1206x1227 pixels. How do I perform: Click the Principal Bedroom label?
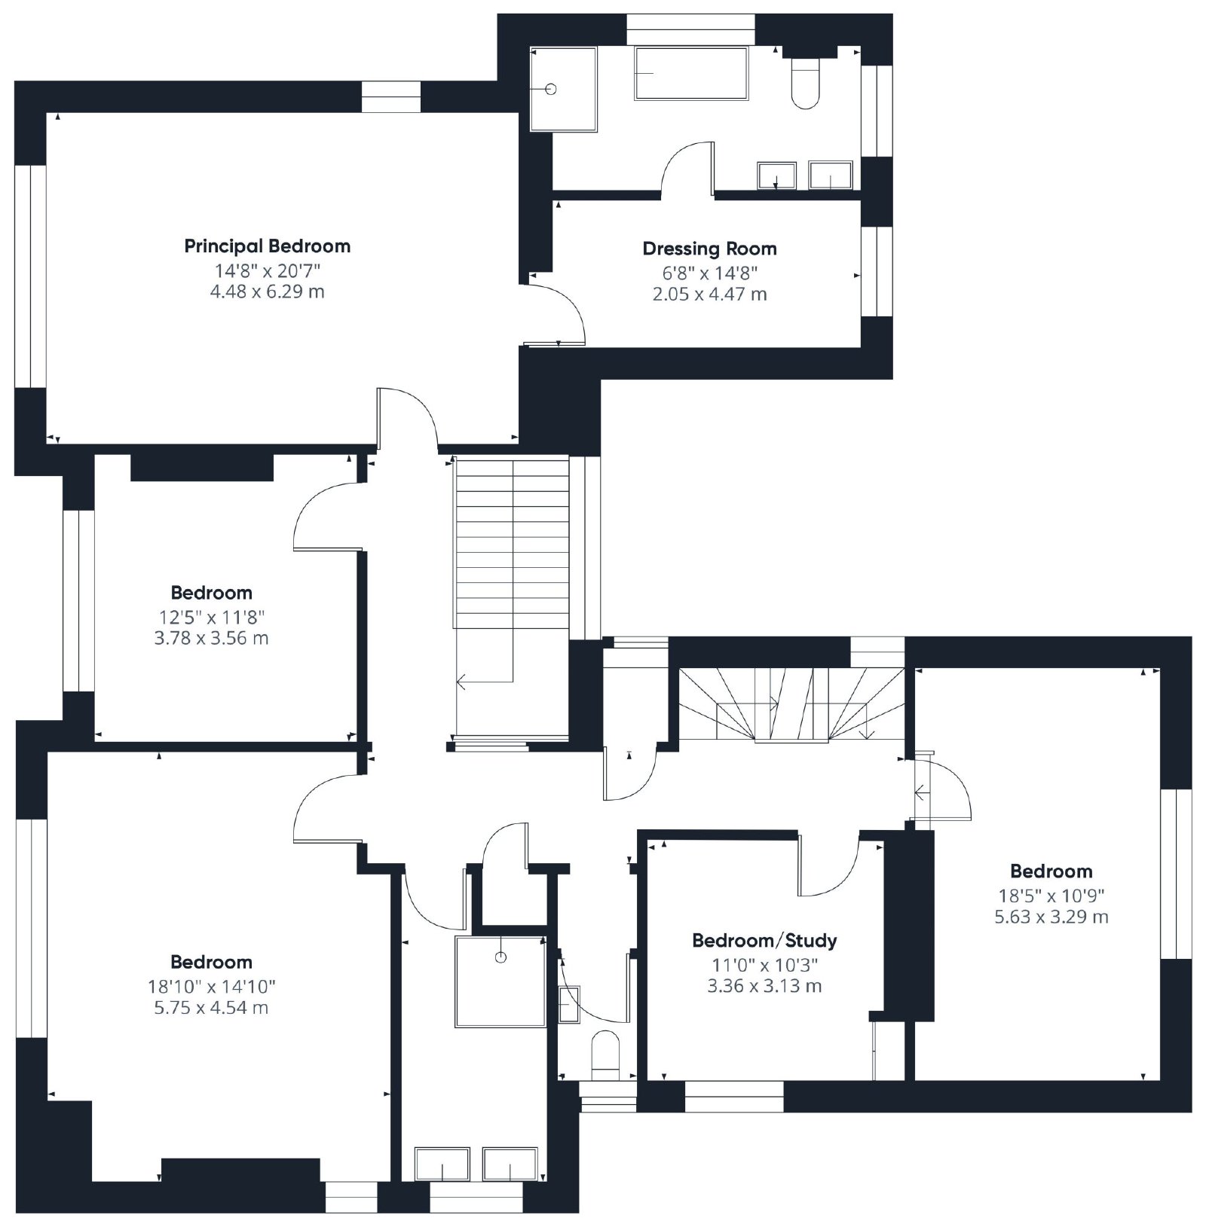[268, 246]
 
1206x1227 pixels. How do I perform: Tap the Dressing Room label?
[709, 249]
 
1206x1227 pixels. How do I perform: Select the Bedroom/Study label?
[764, 940]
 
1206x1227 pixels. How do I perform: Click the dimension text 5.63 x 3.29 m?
[1051, 917]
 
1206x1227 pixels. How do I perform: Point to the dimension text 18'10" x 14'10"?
[212, 986]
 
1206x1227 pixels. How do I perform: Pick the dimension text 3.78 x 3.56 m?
[211, 638]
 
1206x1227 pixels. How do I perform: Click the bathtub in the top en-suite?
[691, 73]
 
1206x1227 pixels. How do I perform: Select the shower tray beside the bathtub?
[563, 89]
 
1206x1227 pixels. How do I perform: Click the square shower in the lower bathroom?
[500, 981]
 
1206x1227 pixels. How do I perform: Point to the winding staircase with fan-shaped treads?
[791, 704]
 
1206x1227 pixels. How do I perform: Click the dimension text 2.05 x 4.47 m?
[709, 295]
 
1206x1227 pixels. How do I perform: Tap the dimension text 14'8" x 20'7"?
[268, 270]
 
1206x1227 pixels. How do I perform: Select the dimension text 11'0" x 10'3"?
[764, 964]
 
